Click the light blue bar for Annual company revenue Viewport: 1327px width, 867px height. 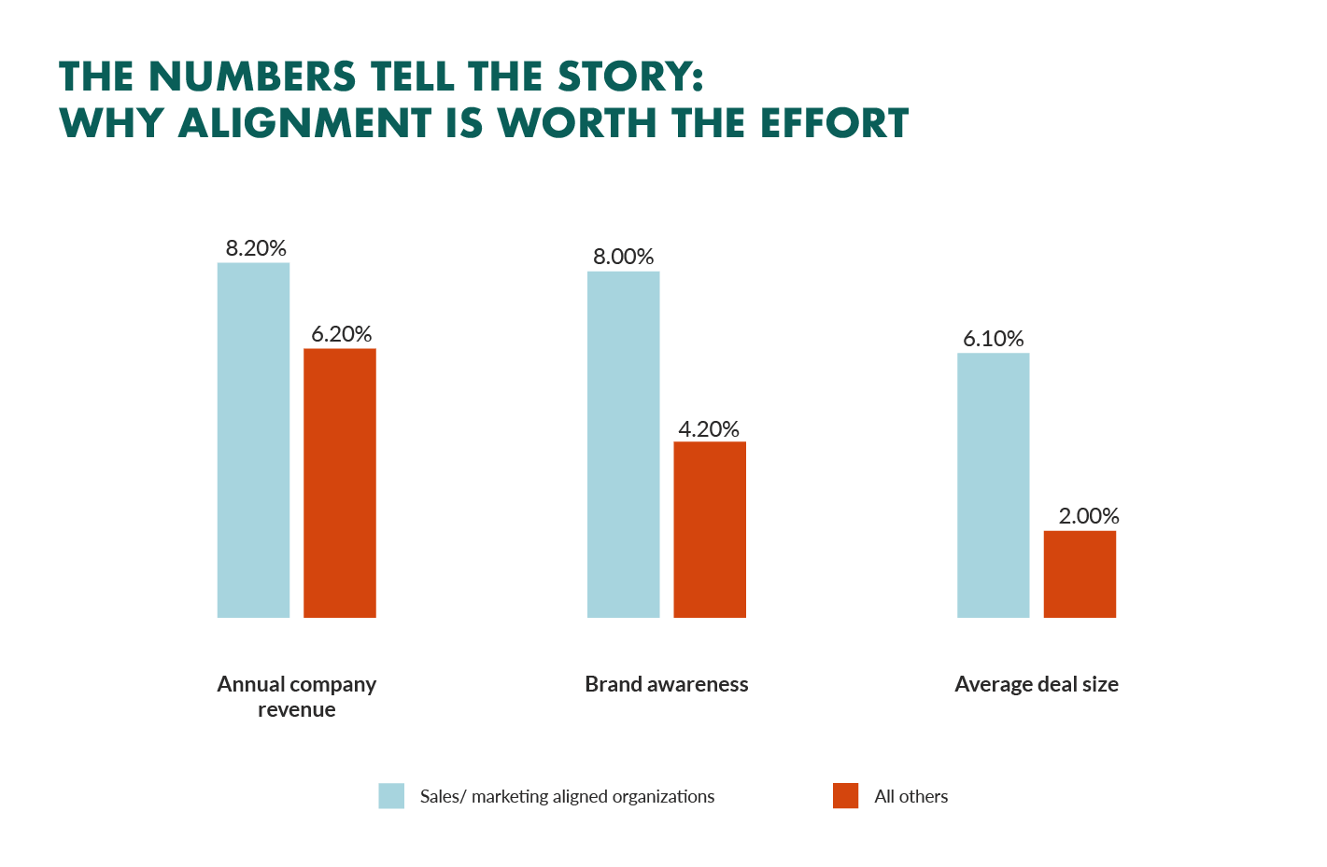pyautogui.click(x=253, y=440)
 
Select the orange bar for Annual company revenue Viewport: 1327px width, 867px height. pyautogui.click(x=340, y=482)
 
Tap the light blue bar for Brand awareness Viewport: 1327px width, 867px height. pyautogui.click(x=623, y=444)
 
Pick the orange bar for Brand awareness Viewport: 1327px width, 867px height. pyautogui.click(x=710, y=529)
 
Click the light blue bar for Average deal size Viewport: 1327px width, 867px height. pyautogui.click(x=993, y=485)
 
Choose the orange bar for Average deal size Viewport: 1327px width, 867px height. pyautogui.click(x=1080, y=574)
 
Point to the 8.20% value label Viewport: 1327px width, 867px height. pyautogui.click(x=256, y=248)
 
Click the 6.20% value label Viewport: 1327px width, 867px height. pyautogui.click(x=342, y=334)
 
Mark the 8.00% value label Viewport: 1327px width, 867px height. pyautogui.click(x=624, y=257)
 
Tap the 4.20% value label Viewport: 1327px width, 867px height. pyautogui.click(x=709, y=429)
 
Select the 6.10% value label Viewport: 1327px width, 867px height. pyautogui.click(x=994, y=339)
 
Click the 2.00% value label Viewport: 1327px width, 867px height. pyautogui.click(x=1089, y=516)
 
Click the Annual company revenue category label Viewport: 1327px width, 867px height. pyautogui.click(x=297, y=696)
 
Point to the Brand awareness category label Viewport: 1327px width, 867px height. pyautogui.click(x=667, y=684)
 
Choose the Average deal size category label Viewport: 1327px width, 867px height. pyautogui.click(x=1037, y=684)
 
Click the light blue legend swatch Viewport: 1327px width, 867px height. pyautogui.click(x=391, y=796)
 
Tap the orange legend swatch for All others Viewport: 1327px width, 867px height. pyautogui.click(x=845, y=796)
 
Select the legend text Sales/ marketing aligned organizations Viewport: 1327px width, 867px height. pyautogui.click(x=567, y=796)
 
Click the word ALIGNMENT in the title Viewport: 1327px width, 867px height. pyautogui.click(x=305, y=123)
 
